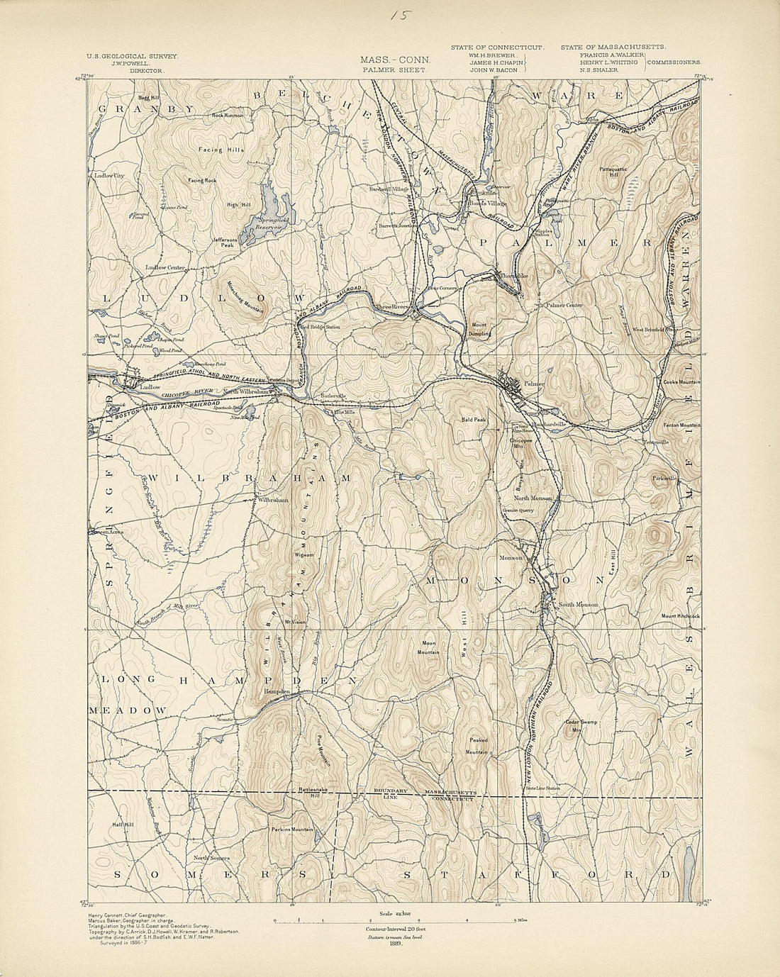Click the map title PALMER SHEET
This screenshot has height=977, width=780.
point(394,71)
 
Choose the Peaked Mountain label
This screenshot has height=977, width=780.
point(477,744)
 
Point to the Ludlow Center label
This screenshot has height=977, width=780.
point(165,267)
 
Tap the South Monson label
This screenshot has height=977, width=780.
point(578,605)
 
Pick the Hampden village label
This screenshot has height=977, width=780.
point(277,691)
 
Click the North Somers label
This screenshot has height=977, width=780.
point(211,858)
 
